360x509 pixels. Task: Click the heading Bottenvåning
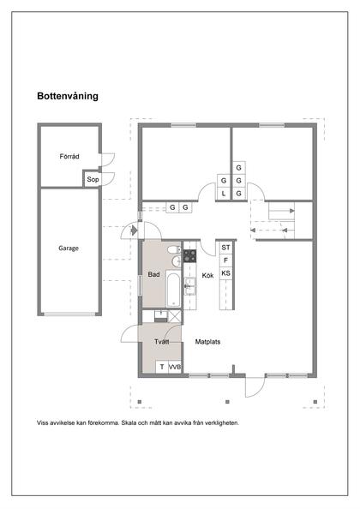(68, 97)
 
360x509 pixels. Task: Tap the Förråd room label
(69, 157)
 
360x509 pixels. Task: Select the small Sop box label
(91, 180)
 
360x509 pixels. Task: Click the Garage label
(69, 249)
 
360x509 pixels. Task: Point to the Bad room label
(153, 275)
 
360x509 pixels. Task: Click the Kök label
(207, 276)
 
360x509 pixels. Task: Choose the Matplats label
(207, 341)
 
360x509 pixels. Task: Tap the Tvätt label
(161, 341)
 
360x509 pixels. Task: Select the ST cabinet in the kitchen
(226, 247)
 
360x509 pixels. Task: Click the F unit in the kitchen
(226, 260)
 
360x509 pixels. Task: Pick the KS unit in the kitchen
(226, 273)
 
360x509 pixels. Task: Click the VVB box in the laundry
(175, 367)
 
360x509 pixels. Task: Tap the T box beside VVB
(161, 367)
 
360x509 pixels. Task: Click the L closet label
(223, 194)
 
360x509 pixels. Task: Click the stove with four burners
(189, 254)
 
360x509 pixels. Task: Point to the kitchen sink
(189, 285)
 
